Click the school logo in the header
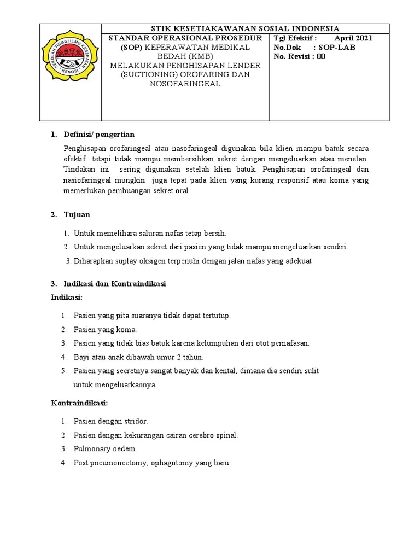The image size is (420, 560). click(x=70, y=71)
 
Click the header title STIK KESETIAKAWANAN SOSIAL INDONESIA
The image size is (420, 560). click(x=245, y=28)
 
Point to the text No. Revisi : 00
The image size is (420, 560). click(x=300, y=56)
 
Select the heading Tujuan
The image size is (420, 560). click(x=77, y=214)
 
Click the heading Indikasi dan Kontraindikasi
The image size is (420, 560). click(x=115, y=284)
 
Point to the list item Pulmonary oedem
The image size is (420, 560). click(x=105, y=448)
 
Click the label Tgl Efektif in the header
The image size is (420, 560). click(x=294, y=38)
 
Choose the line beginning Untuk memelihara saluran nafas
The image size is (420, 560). click(x=149, y=233)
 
